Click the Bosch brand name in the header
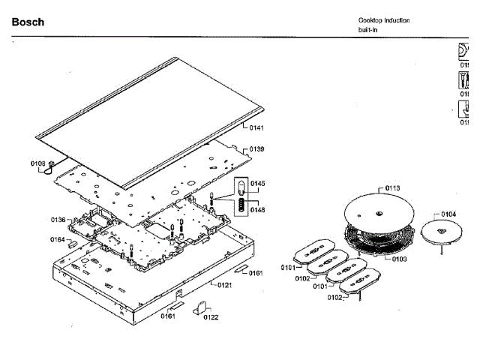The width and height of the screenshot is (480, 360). (28, 22)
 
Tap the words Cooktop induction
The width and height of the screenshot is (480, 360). (384, 20)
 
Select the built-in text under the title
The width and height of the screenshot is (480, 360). (368, 30)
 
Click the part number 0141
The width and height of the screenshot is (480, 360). (256, 128)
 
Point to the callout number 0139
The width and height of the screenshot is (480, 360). (256, 149)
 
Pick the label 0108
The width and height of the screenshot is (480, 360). (37, 163)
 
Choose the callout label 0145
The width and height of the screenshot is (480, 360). (258, 184)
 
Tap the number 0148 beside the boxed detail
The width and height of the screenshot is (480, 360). (258, 210)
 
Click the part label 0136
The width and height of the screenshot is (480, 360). (58, 220)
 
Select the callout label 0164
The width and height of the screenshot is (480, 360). (57, 240)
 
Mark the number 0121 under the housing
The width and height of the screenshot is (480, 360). (225, 286)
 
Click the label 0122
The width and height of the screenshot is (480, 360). (211, 317)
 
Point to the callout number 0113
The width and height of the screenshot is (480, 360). (393, 188)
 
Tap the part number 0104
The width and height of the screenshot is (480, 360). (448, 214)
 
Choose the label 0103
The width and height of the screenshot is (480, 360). (399, 259)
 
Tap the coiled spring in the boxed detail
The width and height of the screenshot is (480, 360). (241, 204)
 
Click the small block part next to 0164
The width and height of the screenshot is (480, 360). (71, 241)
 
